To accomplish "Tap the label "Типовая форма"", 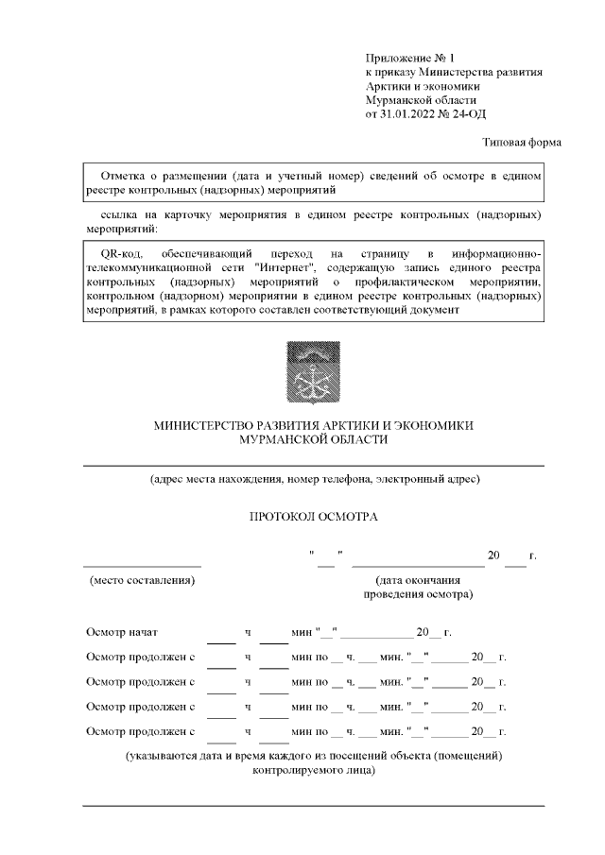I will point(522,143).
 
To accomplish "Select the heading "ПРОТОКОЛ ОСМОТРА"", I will point(313,518).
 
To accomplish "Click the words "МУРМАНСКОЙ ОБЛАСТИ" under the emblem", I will point(313,440).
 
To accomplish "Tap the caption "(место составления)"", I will point(142,579).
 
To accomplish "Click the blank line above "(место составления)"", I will point(142,563).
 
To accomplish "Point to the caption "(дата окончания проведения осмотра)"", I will point(418,588).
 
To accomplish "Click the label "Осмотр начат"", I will point(122,632).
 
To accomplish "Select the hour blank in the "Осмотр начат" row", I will point(221,639).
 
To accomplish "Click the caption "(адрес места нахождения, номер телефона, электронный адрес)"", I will point(314,479).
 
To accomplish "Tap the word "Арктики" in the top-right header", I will point(388,87).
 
